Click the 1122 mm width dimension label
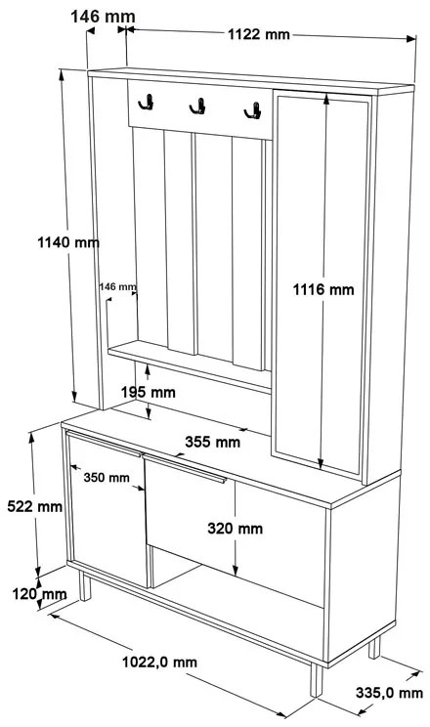coord(258,34)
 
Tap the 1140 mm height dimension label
coord(68,242)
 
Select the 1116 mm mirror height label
coord(322,290)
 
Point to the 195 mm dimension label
coord(149,392)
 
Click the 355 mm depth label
coord(212,442)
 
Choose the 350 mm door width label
coord(107,477)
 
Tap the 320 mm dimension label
coord(236,528)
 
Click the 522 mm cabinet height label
coord(35,506)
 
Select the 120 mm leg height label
coord(39,594)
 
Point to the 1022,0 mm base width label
coord(159,663)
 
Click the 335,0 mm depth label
coord(389,693)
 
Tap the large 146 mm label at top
coord(103,17)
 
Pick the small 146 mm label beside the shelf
coord(118,286)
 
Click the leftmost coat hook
coord(147,102)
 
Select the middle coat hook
coord(198,107)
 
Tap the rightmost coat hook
coord(253,110)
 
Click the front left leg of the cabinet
coord(84,586)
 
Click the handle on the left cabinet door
coord(104,444)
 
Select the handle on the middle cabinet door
coord(185,469)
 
